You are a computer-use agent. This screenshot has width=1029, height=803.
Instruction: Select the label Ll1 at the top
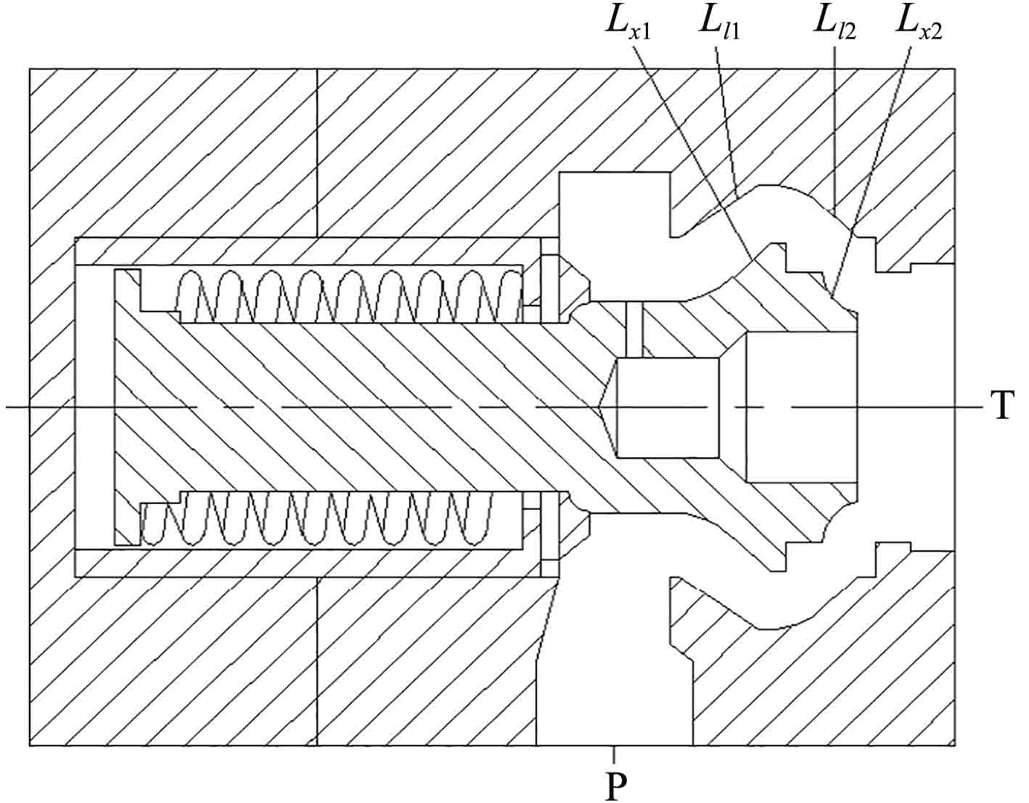[x=718, y=25]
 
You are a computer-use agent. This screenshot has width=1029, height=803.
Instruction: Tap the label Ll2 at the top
[x=833, y=25]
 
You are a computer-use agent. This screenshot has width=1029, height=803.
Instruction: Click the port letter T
[x=1002, y=407]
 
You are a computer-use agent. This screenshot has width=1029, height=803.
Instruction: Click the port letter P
[x=615, y=786]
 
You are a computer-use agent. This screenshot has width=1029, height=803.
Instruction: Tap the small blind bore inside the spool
[x=668, y=407]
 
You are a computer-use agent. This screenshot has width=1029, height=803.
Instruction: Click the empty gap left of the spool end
[x=95, y=407]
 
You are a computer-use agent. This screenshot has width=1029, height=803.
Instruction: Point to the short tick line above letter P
[x=615, y=755]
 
